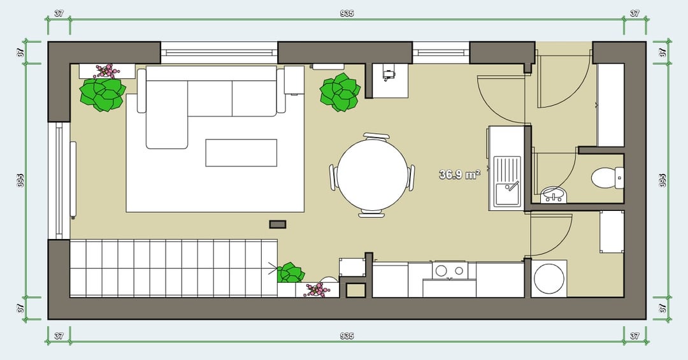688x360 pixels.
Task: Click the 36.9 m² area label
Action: tap(459, 175)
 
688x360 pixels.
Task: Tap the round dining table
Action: tap(373, 175)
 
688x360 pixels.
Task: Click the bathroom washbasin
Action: tap(554, 195)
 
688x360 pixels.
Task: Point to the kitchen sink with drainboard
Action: tap(507, 182)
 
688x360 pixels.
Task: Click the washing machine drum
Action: tap(548, 278)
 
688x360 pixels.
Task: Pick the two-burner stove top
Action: tap(449, 271)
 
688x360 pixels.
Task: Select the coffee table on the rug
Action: tap(241, 153)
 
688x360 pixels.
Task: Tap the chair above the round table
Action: tap(376, 136)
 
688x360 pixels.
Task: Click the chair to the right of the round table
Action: tap(411, 177)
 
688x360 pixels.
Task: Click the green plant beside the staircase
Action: tap(290, 273)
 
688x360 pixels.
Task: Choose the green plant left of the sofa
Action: tap(102, 94)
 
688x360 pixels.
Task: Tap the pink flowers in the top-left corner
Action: tap(107, 70)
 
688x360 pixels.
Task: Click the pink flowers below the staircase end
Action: tap(317, 290)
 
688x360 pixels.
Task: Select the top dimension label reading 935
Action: tap(347, 13)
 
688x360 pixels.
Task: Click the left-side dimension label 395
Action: tap(20, 180)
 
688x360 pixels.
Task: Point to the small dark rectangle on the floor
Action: tap(278, 225)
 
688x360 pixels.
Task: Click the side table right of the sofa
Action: tap(294, 80)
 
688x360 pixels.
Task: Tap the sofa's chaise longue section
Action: tap(167, 114)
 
